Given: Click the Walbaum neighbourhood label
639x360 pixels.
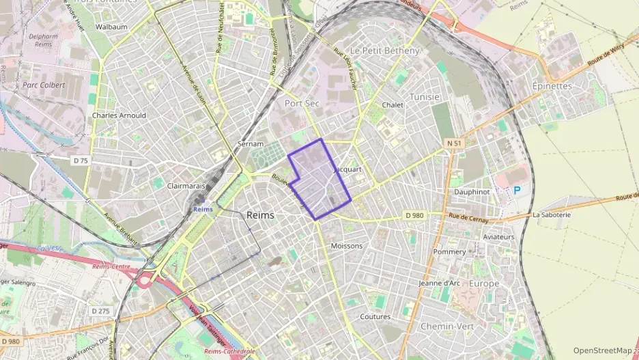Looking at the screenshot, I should tap(112, 27).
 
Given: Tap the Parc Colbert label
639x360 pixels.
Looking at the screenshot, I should tap(44, 85).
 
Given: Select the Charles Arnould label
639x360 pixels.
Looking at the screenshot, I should tap(119, 115).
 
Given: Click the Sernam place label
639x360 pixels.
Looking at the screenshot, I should tap(250, 144).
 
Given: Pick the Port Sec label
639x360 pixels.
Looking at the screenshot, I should tap(302, 103).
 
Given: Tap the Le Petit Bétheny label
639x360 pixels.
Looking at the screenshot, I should tap(384, 51).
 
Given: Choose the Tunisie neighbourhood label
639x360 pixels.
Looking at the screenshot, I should tap(425, 97).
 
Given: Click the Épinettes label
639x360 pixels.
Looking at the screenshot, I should tap(552, 86).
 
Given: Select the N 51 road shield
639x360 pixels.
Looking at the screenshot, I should tap(454, 143).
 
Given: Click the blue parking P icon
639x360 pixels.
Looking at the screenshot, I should tap(517, 191).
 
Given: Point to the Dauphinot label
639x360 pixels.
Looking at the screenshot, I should tap(472, 192).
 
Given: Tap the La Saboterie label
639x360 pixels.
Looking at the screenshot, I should tap(551, 214).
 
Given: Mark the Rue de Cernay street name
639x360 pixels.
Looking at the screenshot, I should tap(470, 217).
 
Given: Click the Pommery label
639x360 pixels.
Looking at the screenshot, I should tap(449, 251).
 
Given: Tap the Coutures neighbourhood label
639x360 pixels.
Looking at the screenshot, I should tap(375, 317).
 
